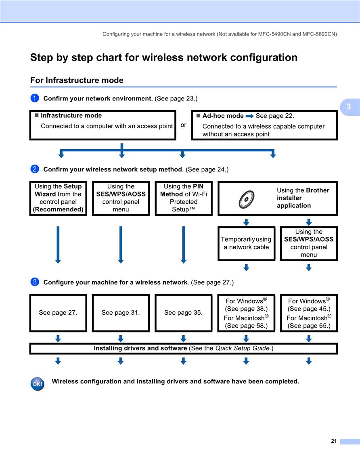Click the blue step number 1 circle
35,98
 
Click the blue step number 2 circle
35,169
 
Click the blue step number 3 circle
35,282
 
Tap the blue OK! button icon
38,384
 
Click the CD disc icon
247,199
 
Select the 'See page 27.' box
58,313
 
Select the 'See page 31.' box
121,313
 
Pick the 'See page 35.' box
183,313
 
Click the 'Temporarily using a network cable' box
246,244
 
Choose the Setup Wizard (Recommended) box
58,198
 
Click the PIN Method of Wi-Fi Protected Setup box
183,198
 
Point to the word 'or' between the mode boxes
183,125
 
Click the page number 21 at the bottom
334,441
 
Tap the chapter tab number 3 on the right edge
349,107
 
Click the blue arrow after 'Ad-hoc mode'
249,116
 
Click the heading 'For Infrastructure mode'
77,80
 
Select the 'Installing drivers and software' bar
183,349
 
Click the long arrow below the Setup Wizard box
58,245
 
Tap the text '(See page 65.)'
309,326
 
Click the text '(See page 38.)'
246,309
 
